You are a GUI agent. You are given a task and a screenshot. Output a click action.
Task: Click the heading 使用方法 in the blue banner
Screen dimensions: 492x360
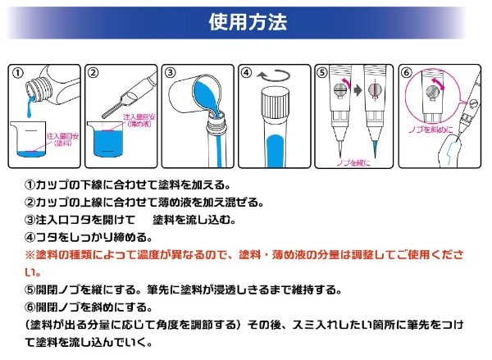tap(248, 22)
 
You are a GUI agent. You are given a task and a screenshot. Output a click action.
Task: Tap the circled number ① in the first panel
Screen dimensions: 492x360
tap(18, 73)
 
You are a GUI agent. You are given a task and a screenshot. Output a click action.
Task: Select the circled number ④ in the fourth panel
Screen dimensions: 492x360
tap(246, 73)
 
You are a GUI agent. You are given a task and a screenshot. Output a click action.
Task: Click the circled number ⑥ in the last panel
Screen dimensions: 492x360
tap(407, 73)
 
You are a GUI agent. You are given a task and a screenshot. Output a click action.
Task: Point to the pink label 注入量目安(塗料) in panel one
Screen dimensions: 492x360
tap(62, 139)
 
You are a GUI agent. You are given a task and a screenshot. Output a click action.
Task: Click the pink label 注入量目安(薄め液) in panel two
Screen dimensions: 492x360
tap(139, 121)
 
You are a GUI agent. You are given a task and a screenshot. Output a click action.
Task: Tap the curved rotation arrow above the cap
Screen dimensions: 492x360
tap(273, 75)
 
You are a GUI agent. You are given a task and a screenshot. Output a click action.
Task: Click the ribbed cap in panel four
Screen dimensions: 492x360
tap(274, 103)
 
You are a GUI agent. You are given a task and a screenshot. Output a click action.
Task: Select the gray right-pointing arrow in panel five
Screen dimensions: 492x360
tap(358, 91)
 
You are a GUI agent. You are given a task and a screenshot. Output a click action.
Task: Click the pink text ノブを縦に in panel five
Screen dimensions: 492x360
tap(353, 163)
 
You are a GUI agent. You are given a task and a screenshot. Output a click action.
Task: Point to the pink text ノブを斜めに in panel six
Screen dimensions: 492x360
tap(430, 129)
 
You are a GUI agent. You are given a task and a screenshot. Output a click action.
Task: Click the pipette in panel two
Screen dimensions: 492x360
tap(130, 95)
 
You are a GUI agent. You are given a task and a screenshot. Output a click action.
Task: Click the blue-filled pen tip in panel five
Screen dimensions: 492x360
tap(375, 148)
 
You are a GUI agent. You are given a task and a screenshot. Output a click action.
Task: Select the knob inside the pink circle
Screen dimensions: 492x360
tap(432, 92)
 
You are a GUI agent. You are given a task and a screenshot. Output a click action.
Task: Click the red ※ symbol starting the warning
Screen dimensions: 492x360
tap(30, 254)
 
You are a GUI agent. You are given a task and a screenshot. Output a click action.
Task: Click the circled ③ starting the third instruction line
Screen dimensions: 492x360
tap(30, 220)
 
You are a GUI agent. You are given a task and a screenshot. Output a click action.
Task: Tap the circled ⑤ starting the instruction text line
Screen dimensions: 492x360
tap(30, 289)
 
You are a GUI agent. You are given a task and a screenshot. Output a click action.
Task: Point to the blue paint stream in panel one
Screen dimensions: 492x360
tap(30, 107)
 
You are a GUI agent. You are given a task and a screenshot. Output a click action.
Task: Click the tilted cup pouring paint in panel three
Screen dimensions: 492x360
tap(195, 96)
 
